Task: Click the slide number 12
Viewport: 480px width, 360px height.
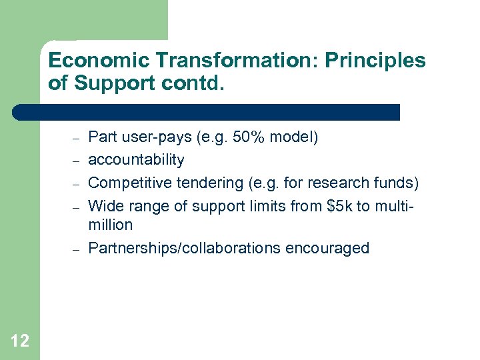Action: pyautogui.click(x=20, y=341)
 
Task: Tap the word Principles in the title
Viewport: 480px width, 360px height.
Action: pyautogui.click(x=375, y=61)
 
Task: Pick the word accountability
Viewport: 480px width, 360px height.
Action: pyautogui.click(x=136, y=160)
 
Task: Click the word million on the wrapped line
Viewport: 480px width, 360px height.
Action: pyautogui.click(x=111, y=225)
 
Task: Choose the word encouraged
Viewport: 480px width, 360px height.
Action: pyautogui.click(x=327, y=248)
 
